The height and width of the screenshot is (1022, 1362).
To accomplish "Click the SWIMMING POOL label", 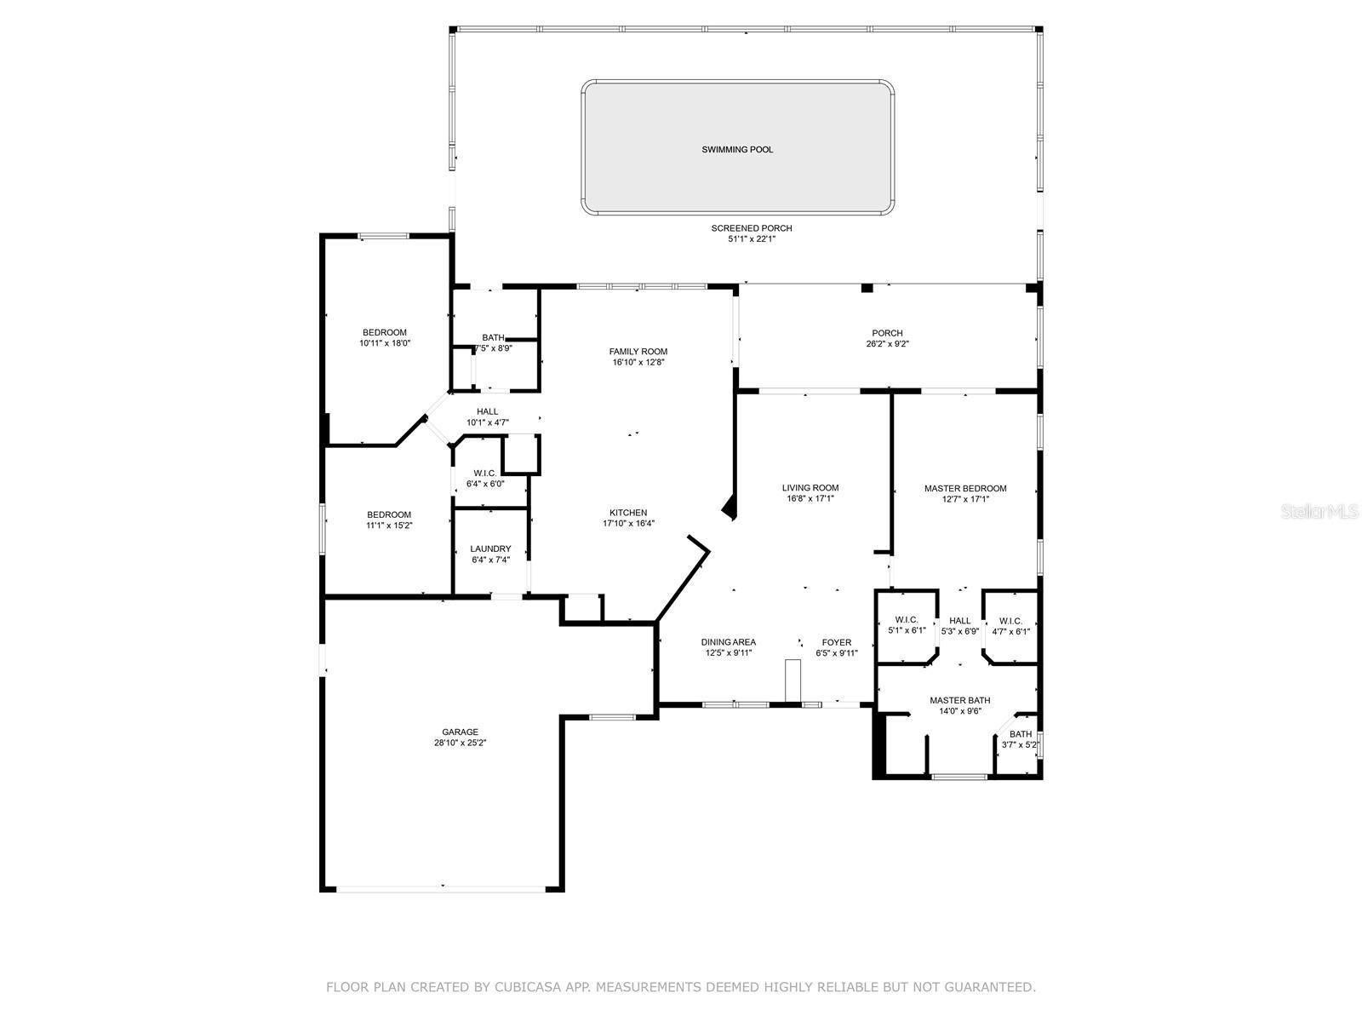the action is [x=737, y=150].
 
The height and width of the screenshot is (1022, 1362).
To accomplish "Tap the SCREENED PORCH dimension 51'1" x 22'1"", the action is [x=752, y=239].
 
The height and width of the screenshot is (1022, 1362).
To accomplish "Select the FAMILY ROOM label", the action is [x=638, y=352].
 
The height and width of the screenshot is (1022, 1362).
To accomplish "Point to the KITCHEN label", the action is [x=628, y=513].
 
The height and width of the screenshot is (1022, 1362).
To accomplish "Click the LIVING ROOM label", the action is [x=810, y=488].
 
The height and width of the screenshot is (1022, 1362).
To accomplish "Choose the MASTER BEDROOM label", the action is [x=964, y=488].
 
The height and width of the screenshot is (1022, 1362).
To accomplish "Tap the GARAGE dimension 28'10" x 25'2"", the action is [x=460, y=743].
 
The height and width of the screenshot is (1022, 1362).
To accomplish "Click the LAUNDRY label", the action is [x=490, y=548].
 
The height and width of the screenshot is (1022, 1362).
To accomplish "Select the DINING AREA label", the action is [x=729, y=642].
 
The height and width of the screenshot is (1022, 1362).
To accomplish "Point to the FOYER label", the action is [x=837, y=642].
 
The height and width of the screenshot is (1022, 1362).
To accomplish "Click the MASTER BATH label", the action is [x=959, y=701].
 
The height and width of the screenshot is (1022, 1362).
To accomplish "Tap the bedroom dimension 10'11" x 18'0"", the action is [x=385, y=343].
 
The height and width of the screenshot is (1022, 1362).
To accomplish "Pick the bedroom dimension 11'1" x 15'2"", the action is [x=389, y=525].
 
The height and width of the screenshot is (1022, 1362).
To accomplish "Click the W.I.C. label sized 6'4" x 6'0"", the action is [x=484, y=474].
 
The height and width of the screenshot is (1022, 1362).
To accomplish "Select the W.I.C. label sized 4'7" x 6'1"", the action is [x=1010, y=621].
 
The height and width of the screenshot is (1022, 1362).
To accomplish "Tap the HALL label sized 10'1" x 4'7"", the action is [x=487, y=411].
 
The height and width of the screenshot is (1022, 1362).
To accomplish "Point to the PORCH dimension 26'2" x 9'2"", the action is [x=887, y=344].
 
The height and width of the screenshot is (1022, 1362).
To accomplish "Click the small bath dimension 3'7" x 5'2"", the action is [x=1020, y=744].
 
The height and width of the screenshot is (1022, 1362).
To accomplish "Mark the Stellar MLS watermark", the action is [x=1319, y=511].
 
